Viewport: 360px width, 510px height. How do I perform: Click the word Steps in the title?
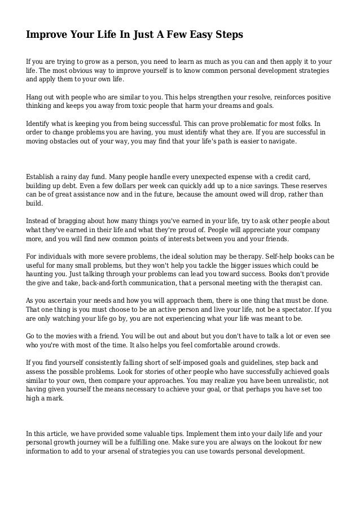coord(228,35)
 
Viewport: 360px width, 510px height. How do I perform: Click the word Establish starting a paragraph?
coord(41,176)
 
